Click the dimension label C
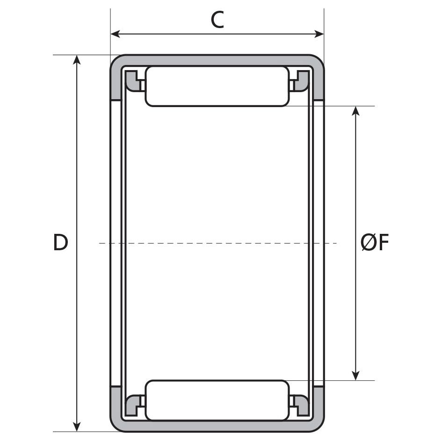(217, 20)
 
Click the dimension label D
(60, 243)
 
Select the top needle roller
(217, 86)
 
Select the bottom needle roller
(217, 400)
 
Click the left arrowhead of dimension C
(115, 34)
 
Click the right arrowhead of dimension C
(319, 34)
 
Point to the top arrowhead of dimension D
(77, 59)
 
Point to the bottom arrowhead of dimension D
(77, 427)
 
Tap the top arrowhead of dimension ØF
(356, 111)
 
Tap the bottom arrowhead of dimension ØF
(356, 376)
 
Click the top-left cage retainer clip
(134, 80)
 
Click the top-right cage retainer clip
(300, 80)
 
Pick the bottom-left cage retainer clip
(134, 405)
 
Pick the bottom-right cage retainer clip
(300, 405)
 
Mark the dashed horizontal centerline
(217, 243)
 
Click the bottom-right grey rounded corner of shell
(318, 424)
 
